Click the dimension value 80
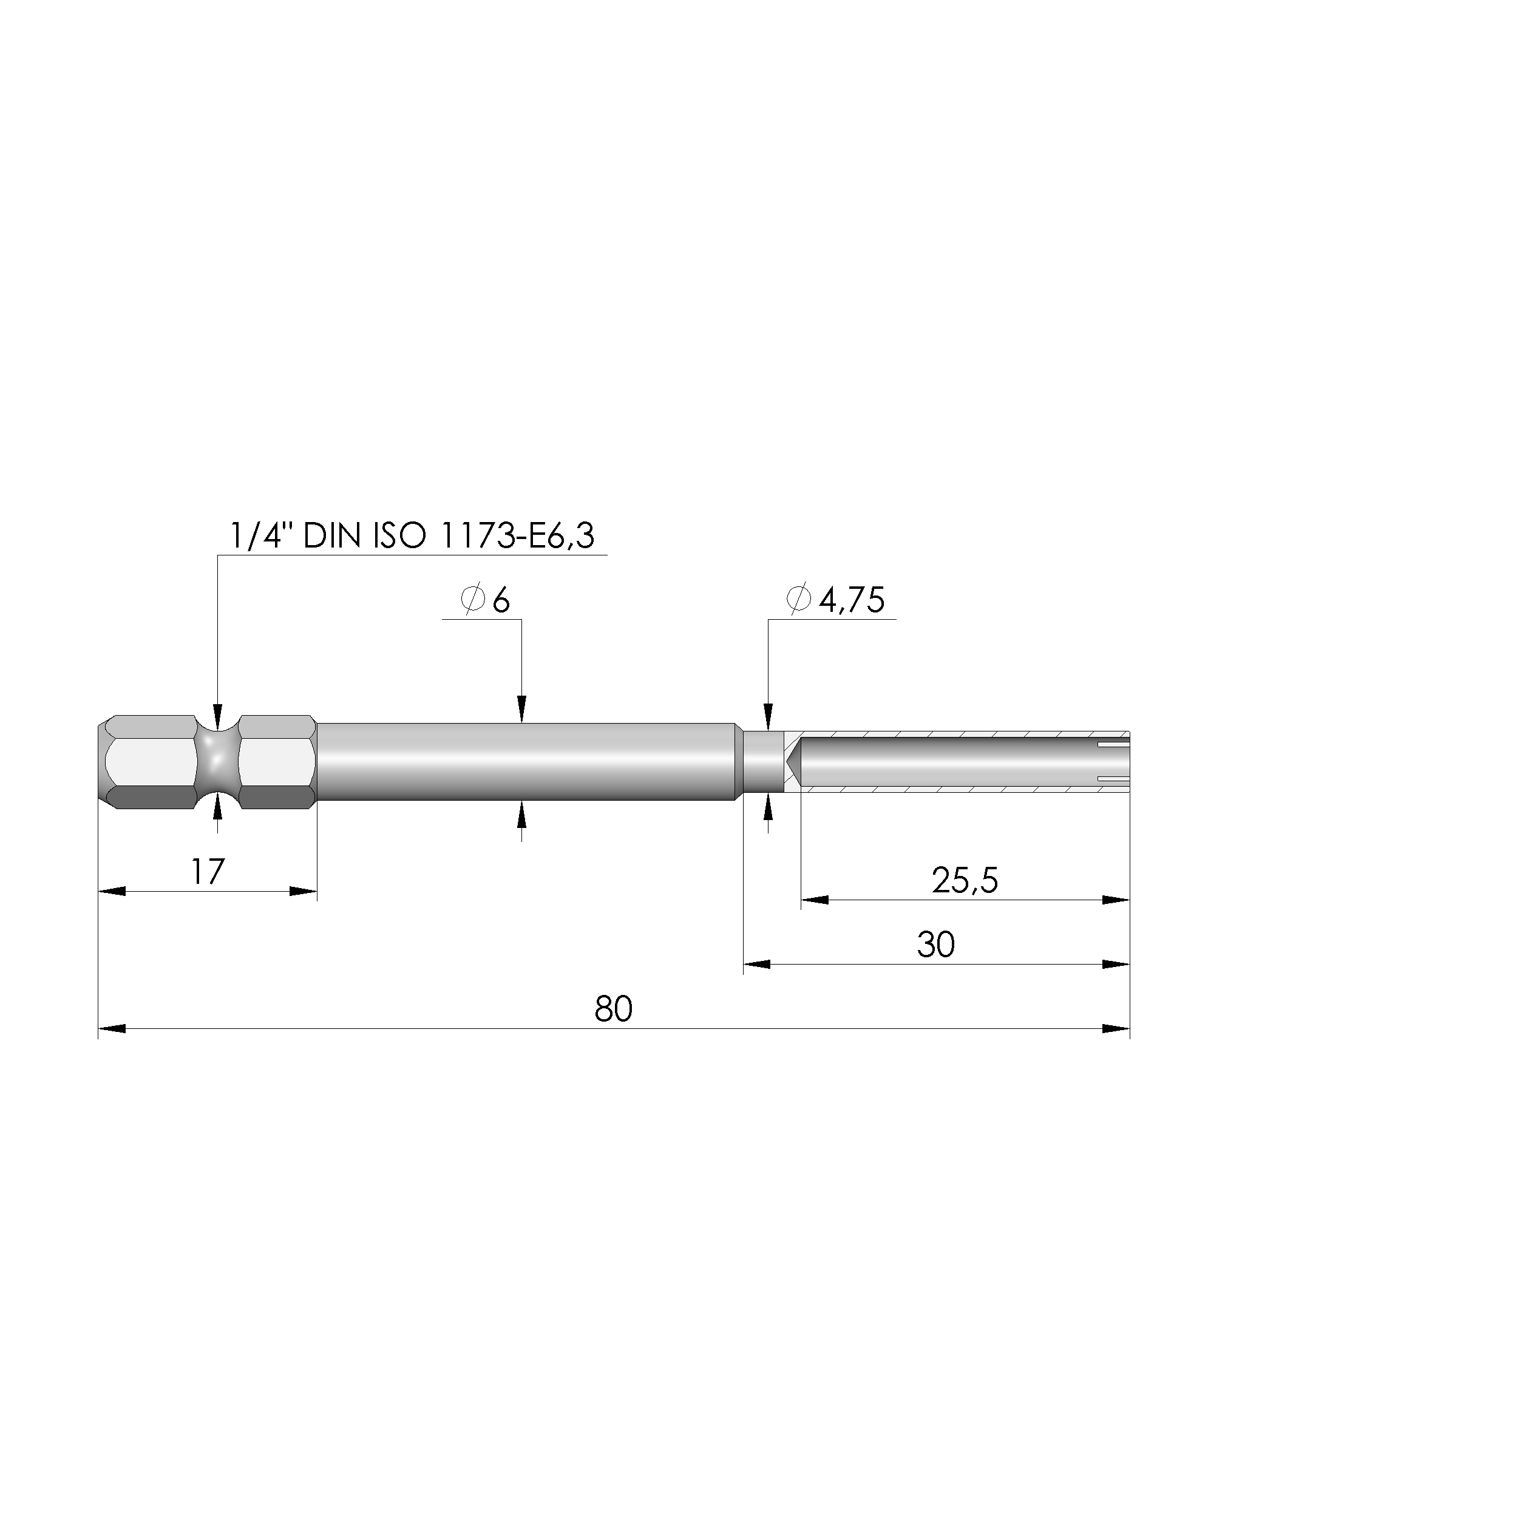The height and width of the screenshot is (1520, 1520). click(613, 1009)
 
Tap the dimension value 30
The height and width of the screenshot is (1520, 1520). click(935, 944)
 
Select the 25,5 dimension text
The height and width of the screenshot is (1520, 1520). click(965, 880)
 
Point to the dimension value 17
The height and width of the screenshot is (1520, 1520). click(208, 872)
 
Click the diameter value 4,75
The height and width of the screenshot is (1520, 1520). click(852, 601)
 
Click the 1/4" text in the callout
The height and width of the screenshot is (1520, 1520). click(260, 537)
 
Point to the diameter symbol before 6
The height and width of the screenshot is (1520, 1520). click(472, 600)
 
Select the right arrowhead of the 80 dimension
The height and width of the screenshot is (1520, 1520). click(1116, 1028)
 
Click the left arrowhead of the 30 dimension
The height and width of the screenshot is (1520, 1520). click(757, 964)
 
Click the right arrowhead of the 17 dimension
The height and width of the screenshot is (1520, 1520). click(304, 891)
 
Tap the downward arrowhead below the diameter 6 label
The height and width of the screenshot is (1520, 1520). click(521, 708)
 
